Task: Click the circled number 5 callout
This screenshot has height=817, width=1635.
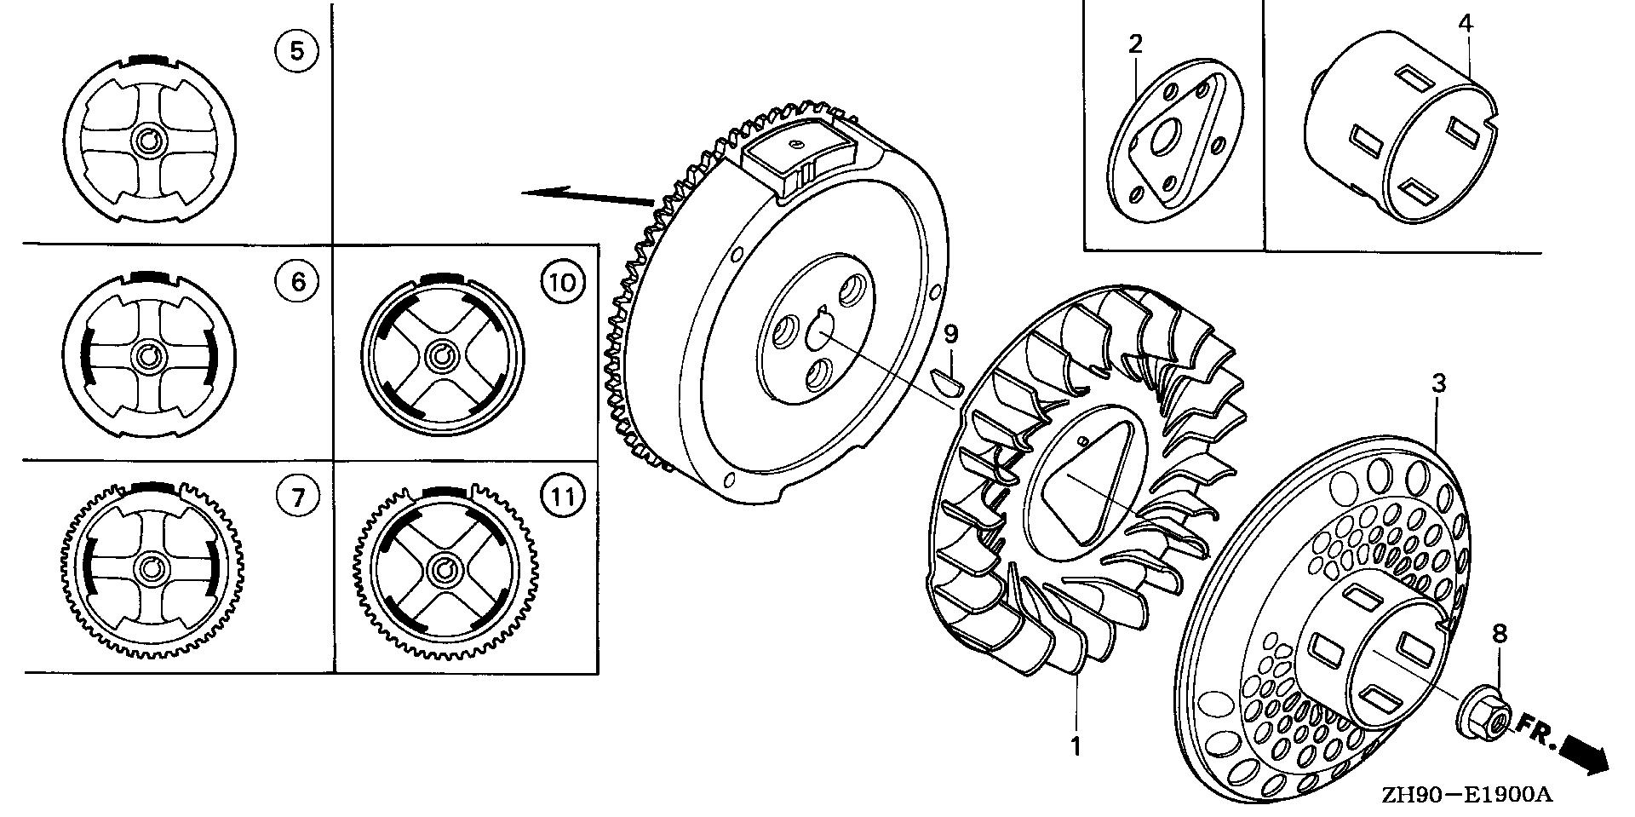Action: coord(295,51)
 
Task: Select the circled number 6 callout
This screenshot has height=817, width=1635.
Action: coord(297,281)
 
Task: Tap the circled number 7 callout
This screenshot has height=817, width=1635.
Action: coord(297,496)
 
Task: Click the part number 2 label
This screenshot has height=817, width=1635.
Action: coord(1135,43)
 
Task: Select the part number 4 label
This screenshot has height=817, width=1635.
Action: coord(1465,24)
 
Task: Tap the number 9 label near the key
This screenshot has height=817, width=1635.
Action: coord(951,334)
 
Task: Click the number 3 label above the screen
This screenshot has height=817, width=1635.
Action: coord(1438,383)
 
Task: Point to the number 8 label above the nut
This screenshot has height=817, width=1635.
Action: coord(1500,633)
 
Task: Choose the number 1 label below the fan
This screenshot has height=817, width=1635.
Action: coord(1076,747)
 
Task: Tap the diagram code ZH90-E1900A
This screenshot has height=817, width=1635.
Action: coord(1467,795)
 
